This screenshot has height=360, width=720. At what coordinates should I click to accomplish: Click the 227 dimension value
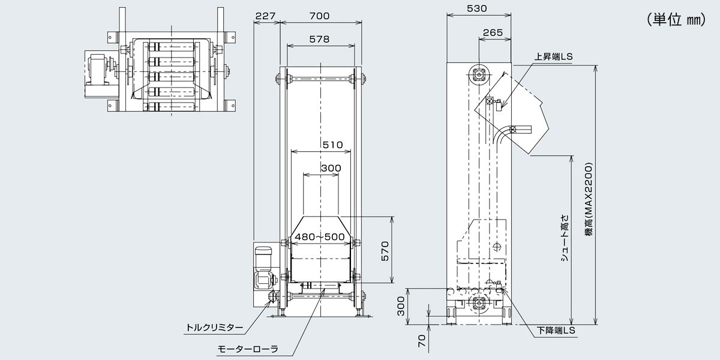tap(265, 16)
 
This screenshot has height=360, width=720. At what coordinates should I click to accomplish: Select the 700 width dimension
tap(319, 16)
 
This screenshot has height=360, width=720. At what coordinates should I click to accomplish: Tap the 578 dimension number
tap(319, 39)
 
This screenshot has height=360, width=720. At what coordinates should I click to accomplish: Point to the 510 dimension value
tap(332, 145)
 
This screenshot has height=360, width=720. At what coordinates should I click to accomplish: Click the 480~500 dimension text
tap(320, 237)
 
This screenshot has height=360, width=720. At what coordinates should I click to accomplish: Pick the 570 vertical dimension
tap(385, 251)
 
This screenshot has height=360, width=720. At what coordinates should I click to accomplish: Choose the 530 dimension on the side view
tap(476, 8)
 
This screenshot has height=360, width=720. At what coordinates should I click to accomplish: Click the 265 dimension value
tap(493, 32)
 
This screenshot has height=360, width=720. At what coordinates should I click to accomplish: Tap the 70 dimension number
tap(422, 341)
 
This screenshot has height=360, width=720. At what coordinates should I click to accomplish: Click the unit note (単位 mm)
tap(677, 20)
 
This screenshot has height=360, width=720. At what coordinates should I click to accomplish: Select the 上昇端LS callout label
tap(553, 57)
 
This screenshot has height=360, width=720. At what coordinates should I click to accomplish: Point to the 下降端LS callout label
tap(556, 331)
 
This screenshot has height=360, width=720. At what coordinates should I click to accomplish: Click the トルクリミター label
tap(215, 328)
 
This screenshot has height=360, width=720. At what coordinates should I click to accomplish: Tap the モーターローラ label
tap(247, 349)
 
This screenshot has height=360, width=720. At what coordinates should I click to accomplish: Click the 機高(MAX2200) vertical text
tap(589, 201)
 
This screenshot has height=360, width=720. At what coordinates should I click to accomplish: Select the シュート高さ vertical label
tap(565, 238)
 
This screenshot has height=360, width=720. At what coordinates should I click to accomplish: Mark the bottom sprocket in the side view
tap(479, 303)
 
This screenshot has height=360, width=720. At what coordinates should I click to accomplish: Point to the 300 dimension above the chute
tap(331, 168)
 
